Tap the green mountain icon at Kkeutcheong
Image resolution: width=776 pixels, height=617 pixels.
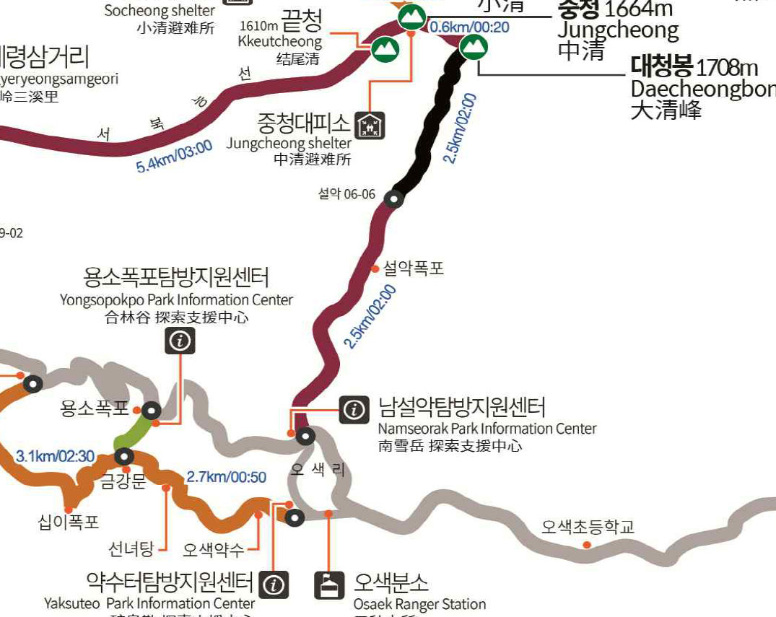[x=385, y=49]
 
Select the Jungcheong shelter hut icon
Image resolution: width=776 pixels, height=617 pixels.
[x=372, y=126]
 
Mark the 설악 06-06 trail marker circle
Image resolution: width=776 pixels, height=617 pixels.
[x=393, y=198]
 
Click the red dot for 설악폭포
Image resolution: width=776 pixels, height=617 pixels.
[x=375, y=268]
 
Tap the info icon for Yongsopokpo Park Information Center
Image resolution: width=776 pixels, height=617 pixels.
[x=180, y=340]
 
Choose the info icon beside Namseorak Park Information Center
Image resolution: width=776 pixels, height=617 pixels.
[x=354, y=410]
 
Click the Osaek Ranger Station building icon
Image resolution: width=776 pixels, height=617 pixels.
[x=329, y=585]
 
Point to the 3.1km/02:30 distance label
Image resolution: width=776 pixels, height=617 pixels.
[x=55, y=456]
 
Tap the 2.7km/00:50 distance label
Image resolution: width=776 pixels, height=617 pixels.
[x=226, y=477]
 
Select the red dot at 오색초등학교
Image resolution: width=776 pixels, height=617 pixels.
[x=587, y=544]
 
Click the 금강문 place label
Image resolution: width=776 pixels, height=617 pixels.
[x=123, y=481]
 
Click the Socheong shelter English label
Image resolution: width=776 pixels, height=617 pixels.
[x=160, y=11]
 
